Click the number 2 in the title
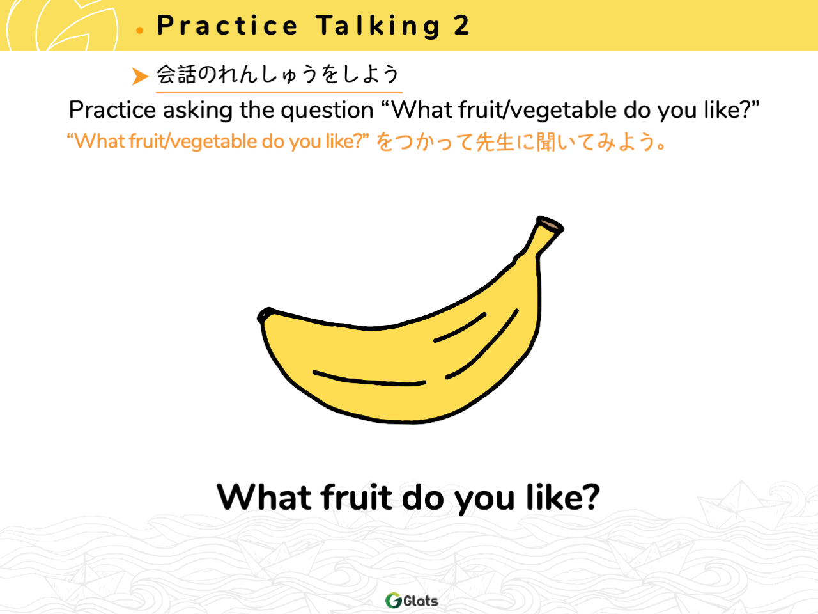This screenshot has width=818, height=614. (x=461, y=26)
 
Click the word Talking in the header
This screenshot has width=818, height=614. (x=378, y=26)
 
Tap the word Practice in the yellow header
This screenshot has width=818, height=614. (x=228, y=26)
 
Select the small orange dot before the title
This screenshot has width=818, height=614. (x=140, y=30)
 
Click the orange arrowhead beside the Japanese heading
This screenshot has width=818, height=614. (x=140, y=76)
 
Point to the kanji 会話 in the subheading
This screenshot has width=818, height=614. (x=176, y=74)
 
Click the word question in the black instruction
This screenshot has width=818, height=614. (x=327, y=111)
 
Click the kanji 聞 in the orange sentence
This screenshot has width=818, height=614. (x=546, y=142)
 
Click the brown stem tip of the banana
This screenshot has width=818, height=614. (x=550, y=224)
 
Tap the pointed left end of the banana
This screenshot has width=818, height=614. (x=263, y=315)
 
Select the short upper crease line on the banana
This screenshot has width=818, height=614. (x=460, y=327)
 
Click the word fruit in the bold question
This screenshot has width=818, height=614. (x=357, y=497)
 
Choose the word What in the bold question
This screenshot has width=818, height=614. (x=264, y=497)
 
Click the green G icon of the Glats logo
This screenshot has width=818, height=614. (x=393, y=600)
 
